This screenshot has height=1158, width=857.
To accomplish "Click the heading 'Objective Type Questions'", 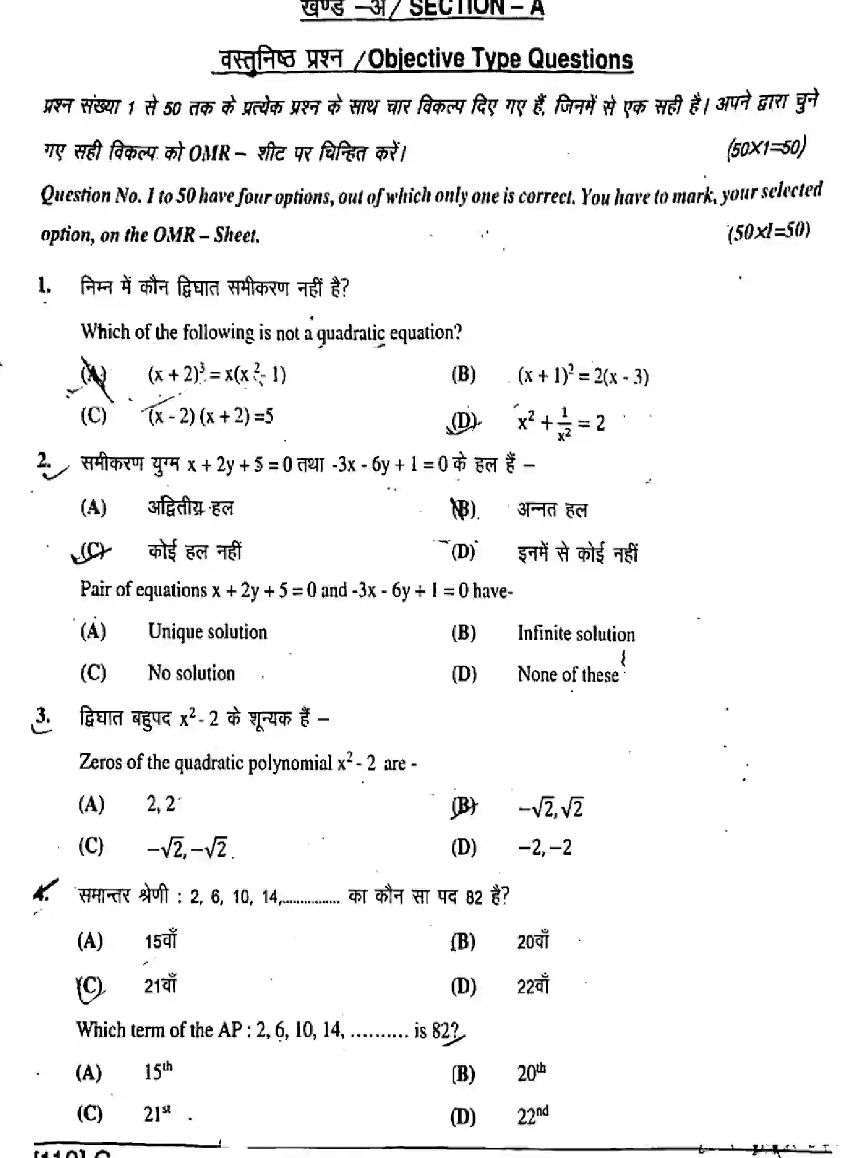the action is [500, 60].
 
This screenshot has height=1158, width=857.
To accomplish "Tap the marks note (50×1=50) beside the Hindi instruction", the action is [765, 149].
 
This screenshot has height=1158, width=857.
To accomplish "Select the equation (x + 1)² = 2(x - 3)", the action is [583, 376].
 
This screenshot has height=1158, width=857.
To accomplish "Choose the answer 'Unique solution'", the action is [207, 632].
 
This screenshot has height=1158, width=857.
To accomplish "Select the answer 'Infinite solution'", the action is [576, 634].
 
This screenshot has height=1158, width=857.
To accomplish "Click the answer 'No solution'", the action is [191, 673].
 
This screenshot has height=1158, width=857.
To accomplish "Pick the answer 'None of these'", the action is [568, 675].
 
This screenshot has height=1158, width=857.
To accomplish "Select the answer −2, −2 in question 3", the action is [544, 848].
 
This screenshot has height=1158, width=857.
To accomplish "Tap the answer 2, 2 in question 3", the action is [161, 804].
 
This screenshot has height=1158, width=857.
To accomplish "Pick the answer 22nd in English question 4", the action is [532, 1115].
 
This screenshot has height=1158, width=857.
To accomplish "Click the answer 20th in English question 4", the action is [531, 1073].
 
